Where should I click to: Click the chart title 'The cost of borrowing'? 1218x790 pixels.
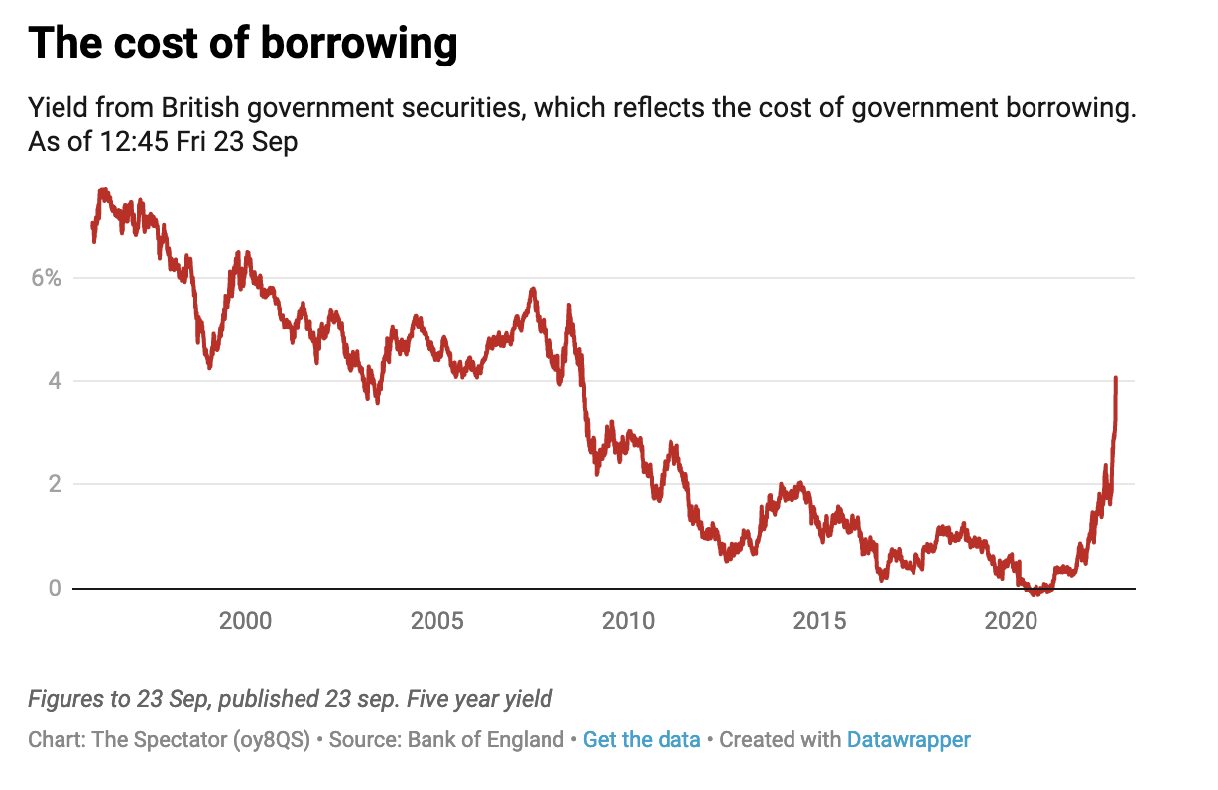(x=243, y=44)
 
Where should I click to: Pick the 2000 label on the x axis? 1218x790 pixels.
(x=245, y=622)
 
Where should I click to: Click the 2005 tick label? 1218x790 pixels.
(x=436, y=622)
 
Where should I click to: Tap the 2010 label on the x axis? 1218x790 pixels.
(x=628, y=622)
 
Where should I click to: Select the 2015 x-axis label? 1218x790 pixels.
(x=819, y=622)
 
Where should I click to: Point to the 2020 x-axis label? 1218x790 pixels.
(x=1011, y=622)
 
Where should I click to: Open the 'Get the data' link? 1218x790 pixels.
(x=642, y=740)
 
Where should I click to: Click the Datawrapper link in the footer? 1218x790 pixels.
(x=909, y=740)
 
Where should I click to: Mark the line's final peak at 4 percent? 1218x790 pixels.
(x=1116, y=378)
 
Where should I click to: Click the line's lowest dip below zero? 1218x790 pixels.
(x=1035, y=593)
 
